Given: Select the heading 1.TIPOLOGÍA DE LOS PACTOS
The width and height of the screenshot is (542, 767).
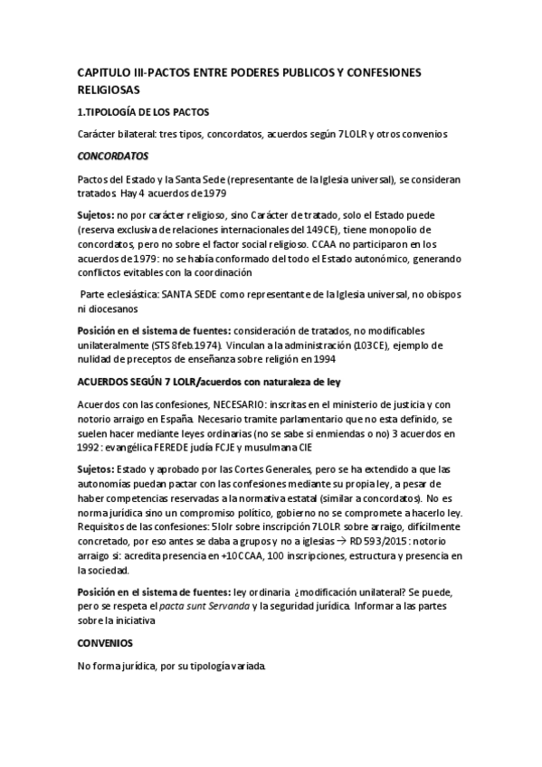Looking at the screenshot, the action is coord(143,112).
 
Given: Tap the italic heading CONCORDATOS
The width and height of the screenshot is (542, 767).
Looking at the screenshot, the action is coord(112,156).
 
